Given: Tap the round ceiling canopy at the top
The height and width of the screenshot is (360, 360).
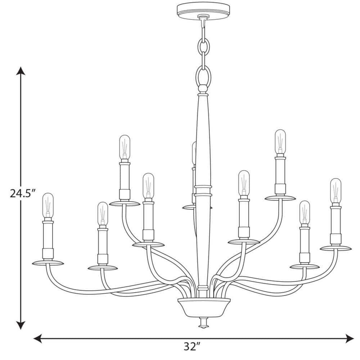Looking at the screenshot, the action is tap(203, 9).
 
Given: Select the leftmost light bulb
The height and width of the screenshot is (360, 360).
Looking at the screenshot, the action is tap(48, 206).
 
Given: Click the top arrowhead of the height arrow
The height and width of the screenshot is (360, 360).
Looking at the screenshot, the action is tap(21, 71).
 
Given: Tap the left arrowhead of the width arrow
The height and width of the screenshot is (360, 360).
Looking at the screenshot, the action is tap(38, 338).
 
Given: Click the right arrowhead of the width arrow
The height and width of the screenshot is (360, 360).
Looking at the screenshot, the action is tap(350, 338).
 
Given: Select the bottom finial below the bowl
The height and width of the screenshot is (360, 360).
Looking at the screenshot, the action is tap(203, 323).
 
